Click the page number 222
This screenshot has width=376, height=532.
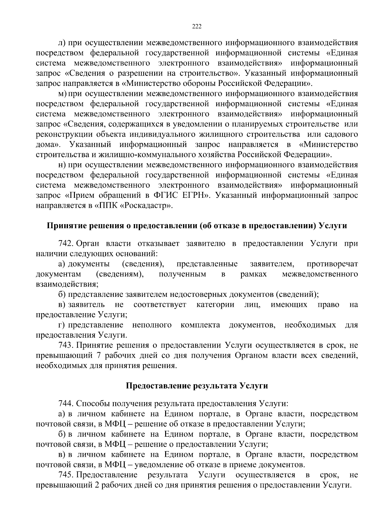click(x=196, y=26)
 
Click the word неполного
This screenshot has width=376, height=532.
click(x=152, y=325)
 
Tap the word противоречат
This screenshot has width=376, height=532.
click(x=332, y=264)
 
